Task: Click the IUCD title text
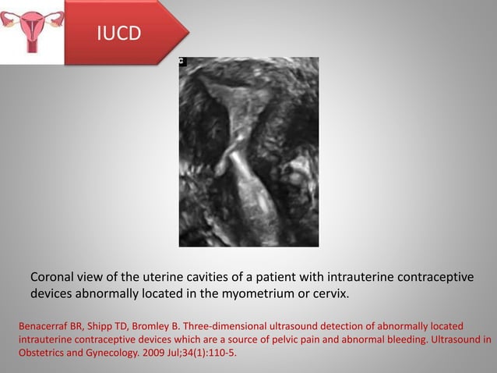coord(119,34)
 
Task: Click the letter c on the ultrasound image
coord(182,61)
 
